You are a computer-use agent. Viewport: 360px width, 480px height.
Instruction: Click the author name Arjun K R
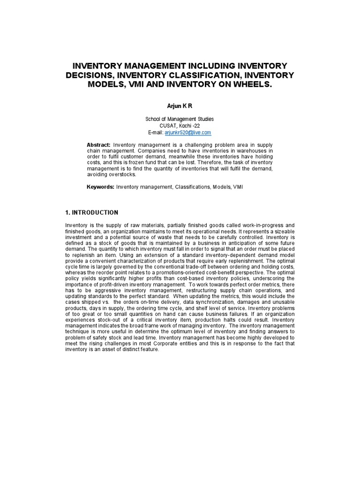pos(180,107)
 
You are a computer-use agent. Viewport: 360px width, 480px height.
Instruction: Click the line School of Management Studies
pos(180,120)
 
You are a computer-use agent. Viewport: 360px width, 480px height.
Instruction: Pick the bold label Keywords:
pos(101,187)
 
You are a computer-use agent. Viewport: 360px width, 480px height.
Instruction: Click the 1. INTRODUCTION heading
pos(91,212)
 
